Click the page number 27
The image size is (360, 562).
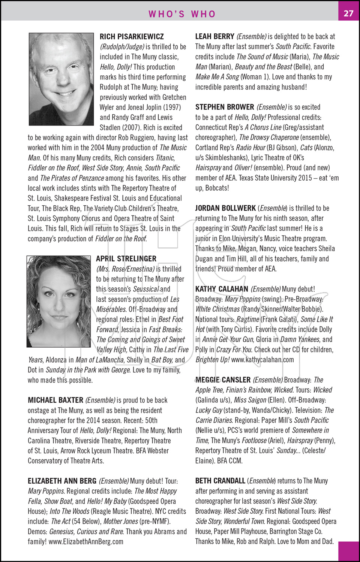pos(348,13)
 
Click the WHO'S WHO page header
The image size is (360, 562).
pos(182,14)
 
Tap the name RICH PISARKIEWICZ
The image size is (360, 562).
pos(132,37)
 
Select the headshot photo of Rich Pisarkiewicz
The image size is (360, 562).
pos(61,79)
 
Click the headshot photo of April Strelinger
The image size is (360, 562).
pos(59,301)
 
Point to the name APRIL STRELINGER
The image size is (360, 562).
pos(126,259)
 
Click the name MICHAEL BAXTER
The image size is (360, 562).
pos(55,400)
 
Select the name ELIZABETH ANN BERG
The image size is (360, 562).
pos(62,481)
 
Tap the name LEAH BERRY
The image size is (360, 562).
pos(215,37)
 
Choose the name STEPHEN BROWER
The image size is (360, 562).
pos(225,107)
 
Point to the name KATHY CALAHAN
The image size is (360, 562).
pos(222,289)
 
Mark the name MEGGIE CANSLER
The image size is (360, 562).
pos(223,380)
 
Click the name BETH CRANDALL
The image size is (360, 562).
pos(220,481)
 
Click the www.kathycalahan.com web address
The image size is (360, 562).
pos(262,360)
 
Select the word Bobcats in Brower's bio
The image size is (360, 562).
pos(217,188)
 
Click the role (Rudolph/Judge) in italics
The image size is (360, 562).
pos(122,47)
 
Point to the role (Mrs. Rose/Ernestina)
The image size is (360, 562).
pos(125,269)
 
